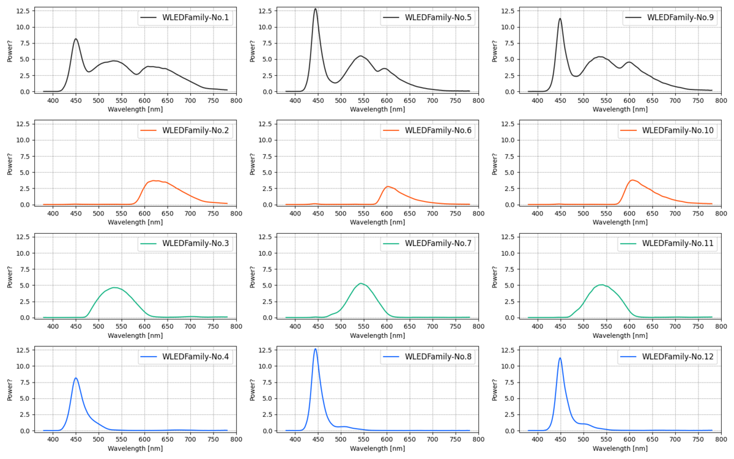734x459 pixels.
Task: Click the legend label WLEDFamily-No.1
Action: point(196,18)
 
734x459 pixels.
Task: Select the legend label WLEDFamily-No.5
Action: point(438,18)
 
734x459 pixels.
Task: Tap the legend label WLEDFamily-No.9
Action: point(681,18)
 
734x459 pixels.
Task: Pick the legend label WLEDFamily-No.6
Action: point(438,130)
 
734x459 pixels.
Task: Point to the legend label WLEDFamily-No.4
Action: point(196,356)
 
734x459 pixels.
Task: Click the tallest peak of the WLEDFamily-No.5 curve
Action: point(316,9)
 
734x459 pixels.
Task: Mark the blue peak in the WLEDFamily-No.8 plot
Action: point(316,349)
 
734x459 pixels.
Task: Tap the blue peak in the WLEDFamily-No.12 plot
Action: point(560,358)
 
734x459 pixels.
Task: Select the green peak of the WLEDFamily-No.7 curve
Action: point(361,283)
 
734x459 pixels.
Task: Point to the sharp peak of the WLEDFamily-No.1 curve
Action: point(76,39)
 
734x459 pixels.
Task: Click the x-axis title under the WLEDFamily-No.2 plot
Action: point(135,223)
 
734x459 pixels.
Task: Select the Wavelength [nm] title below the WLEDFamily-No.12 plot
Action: point(620,449)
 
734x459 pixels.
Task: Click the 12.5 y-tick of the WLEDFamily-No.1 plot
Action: point(23,12)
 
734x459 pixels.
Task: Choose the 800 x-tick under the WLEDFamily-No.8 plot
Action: point(478,439)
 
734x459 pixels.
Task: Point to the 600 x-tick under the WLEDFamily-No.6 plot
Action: point(387,214)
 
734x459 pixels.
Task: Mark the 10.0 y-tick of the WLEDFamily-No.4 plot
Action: point(23,366)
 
